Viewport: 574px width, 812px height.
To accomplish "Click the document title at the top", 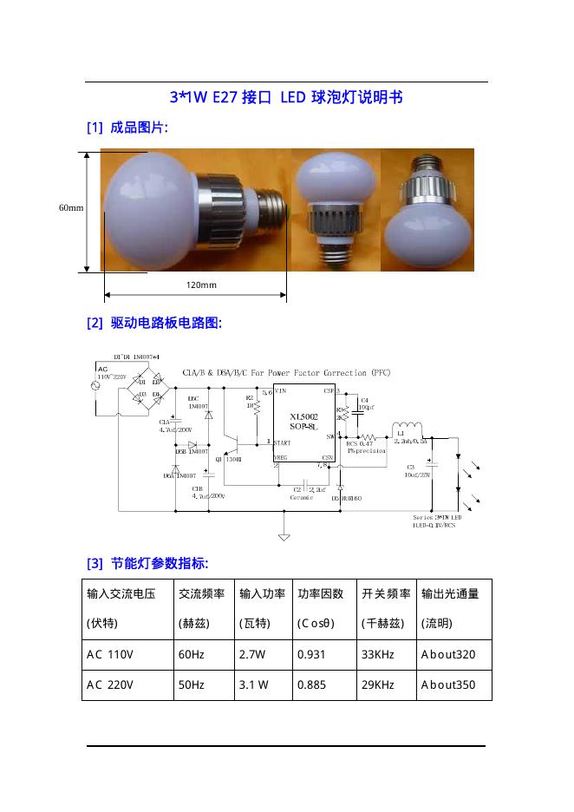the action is tap(286, 97).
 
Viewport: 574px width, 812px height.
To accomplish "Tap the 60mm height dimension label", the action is tap(71, 208).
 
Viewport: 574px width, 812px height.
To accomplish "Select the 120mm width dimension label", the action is tap(201, 285).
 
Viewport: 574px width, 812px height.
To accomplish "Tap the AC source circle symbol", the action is tap(96, 384).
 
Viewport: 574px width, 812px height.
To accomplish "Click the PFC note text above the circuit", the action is tap(286, 372).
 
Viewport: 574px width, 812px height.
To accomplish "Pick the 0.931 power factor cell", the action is tap(311, 655).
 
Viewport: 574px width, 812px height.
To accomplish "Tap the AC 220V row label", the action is tap(110, 684).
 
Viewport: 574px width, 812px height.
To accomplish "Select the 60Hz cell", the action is tap(191, 655).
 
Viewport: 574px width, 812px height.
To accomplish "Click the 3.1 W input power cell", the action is tap(253, 684).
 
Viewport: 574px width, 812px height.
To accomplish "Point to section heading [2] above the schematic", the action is tap(154, 324).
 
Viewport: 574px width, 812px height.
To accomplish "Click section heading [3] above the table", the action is tap(147, 564).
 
